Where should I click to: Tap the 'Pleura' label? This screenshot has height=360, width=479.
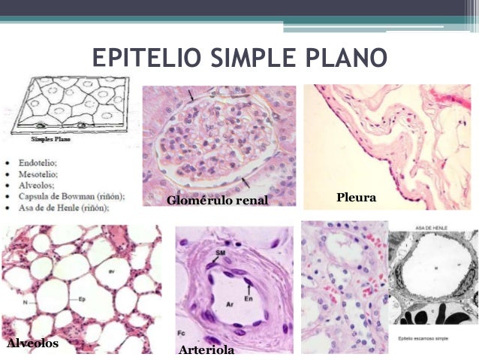pos(356,198)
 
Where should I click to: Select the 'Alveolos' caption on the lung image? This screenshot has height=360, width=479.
pos(32,343)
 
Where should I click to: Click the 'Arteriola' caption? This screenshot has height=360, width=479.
pos(206,350)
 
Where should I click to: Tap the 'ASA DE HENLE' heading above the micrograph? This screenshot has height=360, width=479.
pos(429,226)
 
